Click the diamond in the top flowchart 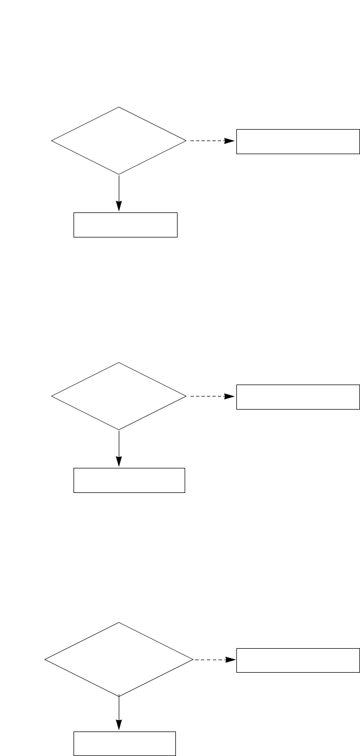pos(119,141)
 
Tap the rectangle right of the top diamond pos(298,142)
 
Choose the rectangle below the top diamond pos(125,225)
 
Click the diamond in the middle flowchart pos(119,397)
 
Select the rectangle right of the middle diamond pos(298,397)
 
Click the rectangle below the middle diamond pos(129,480)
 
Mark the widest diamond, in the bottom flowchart pos(119,660)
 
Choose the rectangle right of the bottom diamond pos(298,660)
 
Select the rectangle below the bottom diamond pos(125,743)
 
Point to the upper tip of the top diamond pos(119,107)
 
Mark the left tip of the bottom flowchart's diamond pos(45,660)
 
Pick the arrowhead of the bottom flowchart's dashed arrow pos(232,660)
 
